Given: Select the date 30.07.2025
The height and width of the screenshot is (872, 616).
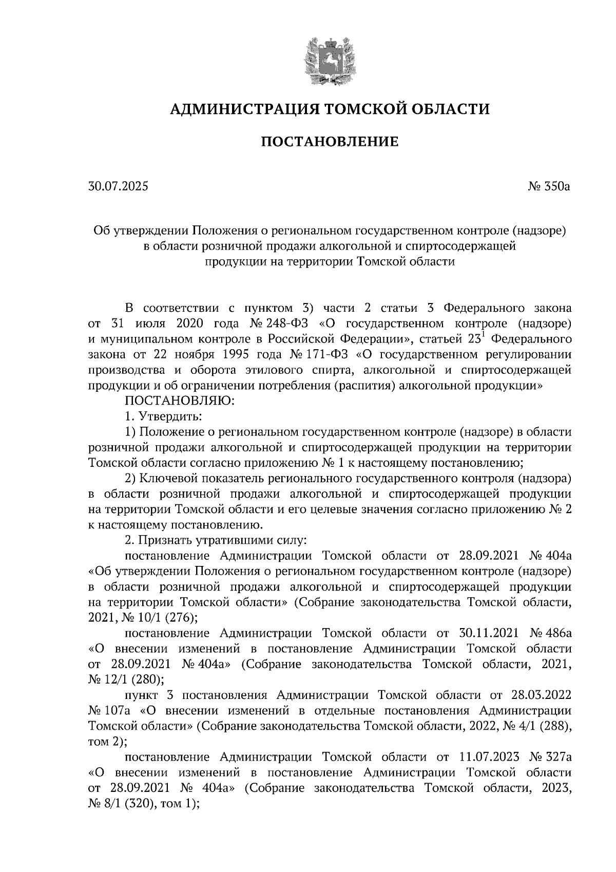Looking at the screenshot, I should [x=118, y=186].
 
